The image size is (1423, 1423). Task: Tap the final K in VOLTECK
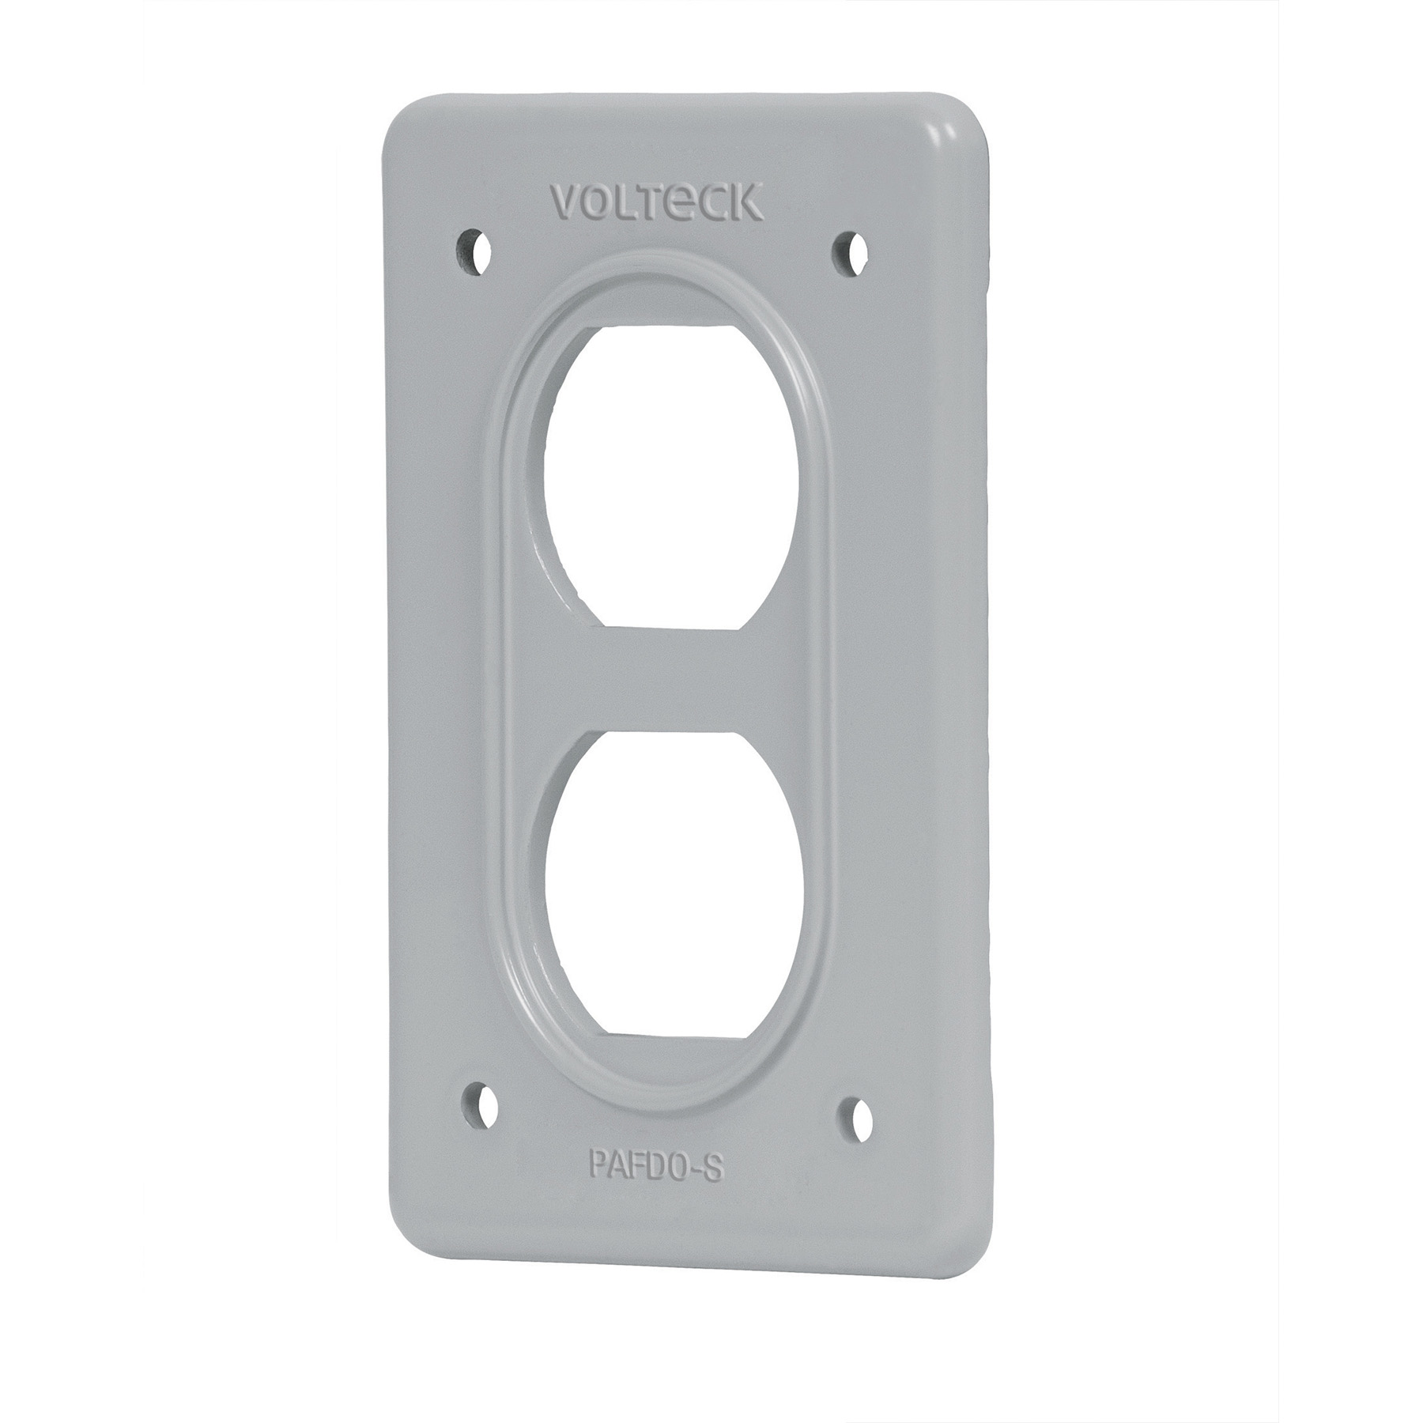tap(746, 203)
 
